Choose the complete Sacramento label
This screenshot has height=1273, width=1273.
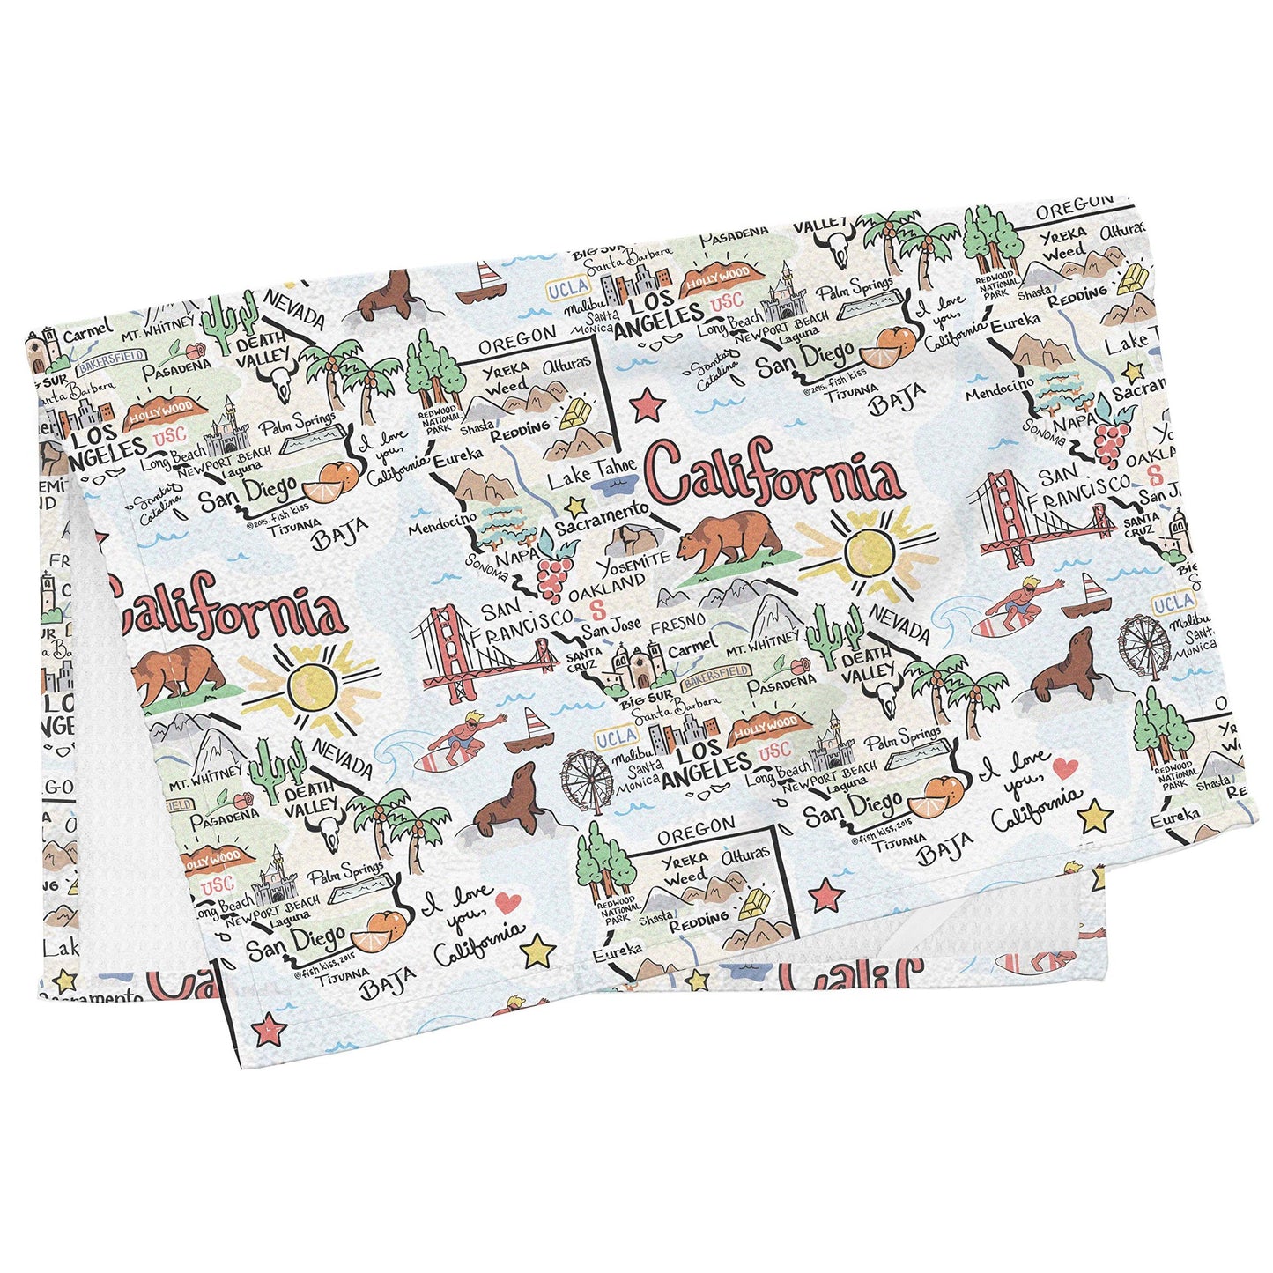click(x=602, y=518)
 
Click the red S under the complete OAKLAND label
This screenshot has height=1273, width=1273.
click(x=598, y=608)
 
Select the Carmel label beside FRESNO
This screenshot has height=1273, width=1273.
click(x=692, y=648)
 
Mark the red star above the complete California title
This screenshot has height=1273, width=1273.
click(x=648, y=404)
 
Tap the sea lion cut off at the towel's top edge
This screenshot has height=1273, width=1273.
click(x=388, y=295)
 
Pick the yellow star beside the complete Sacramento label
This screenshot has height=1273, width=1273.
click(x=575, y=506)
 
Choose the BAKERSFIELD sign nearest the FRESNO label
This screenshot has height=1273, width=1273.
click(x=715, y=671)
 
